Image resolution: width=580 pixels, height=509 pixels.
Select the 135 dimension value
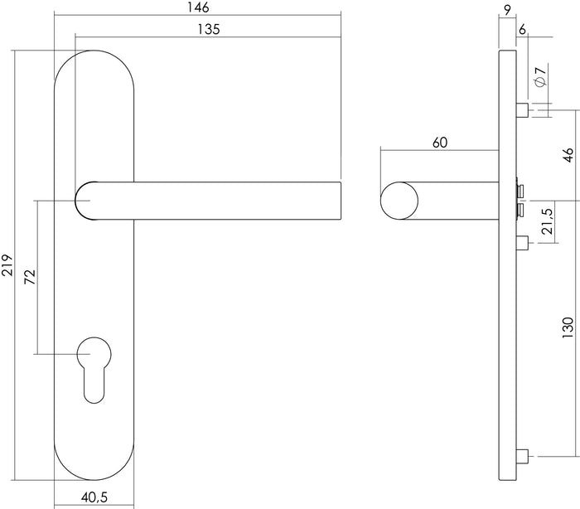coord(208,29)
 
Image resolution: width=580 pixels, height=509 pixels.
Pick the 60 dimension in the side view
coord(439,142)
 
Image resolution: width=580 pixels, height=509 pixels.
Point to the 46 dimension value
coord(568,154)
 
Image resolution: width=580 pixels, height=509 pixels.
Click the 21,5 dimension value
coord(546,224)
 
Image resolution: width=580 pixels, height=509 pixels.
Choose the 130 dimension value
coord(568,328)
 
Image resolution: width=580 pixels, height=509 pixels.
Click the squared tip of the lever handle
coord(334,201)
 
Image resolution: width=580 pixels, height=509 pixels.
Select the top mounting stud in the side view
coord(520,110)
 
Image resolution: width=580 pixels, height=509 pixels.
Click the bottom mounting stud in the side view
coord(520,456)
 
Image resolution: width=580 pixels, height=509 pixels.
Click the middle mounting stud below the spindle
coord(522,242)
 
